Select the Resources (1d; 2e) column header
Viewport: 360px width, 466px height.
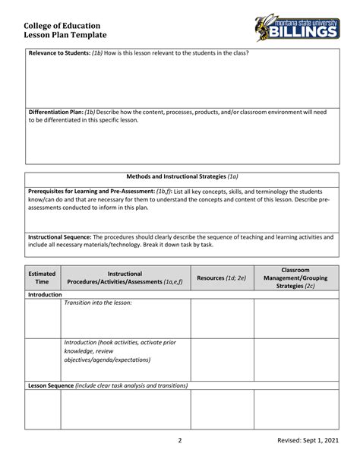pyautogui.click(x=221, y=277)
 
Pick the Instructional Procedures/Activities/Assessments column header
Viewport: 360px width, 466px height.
pyautogui.click(x=125, y=277)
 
